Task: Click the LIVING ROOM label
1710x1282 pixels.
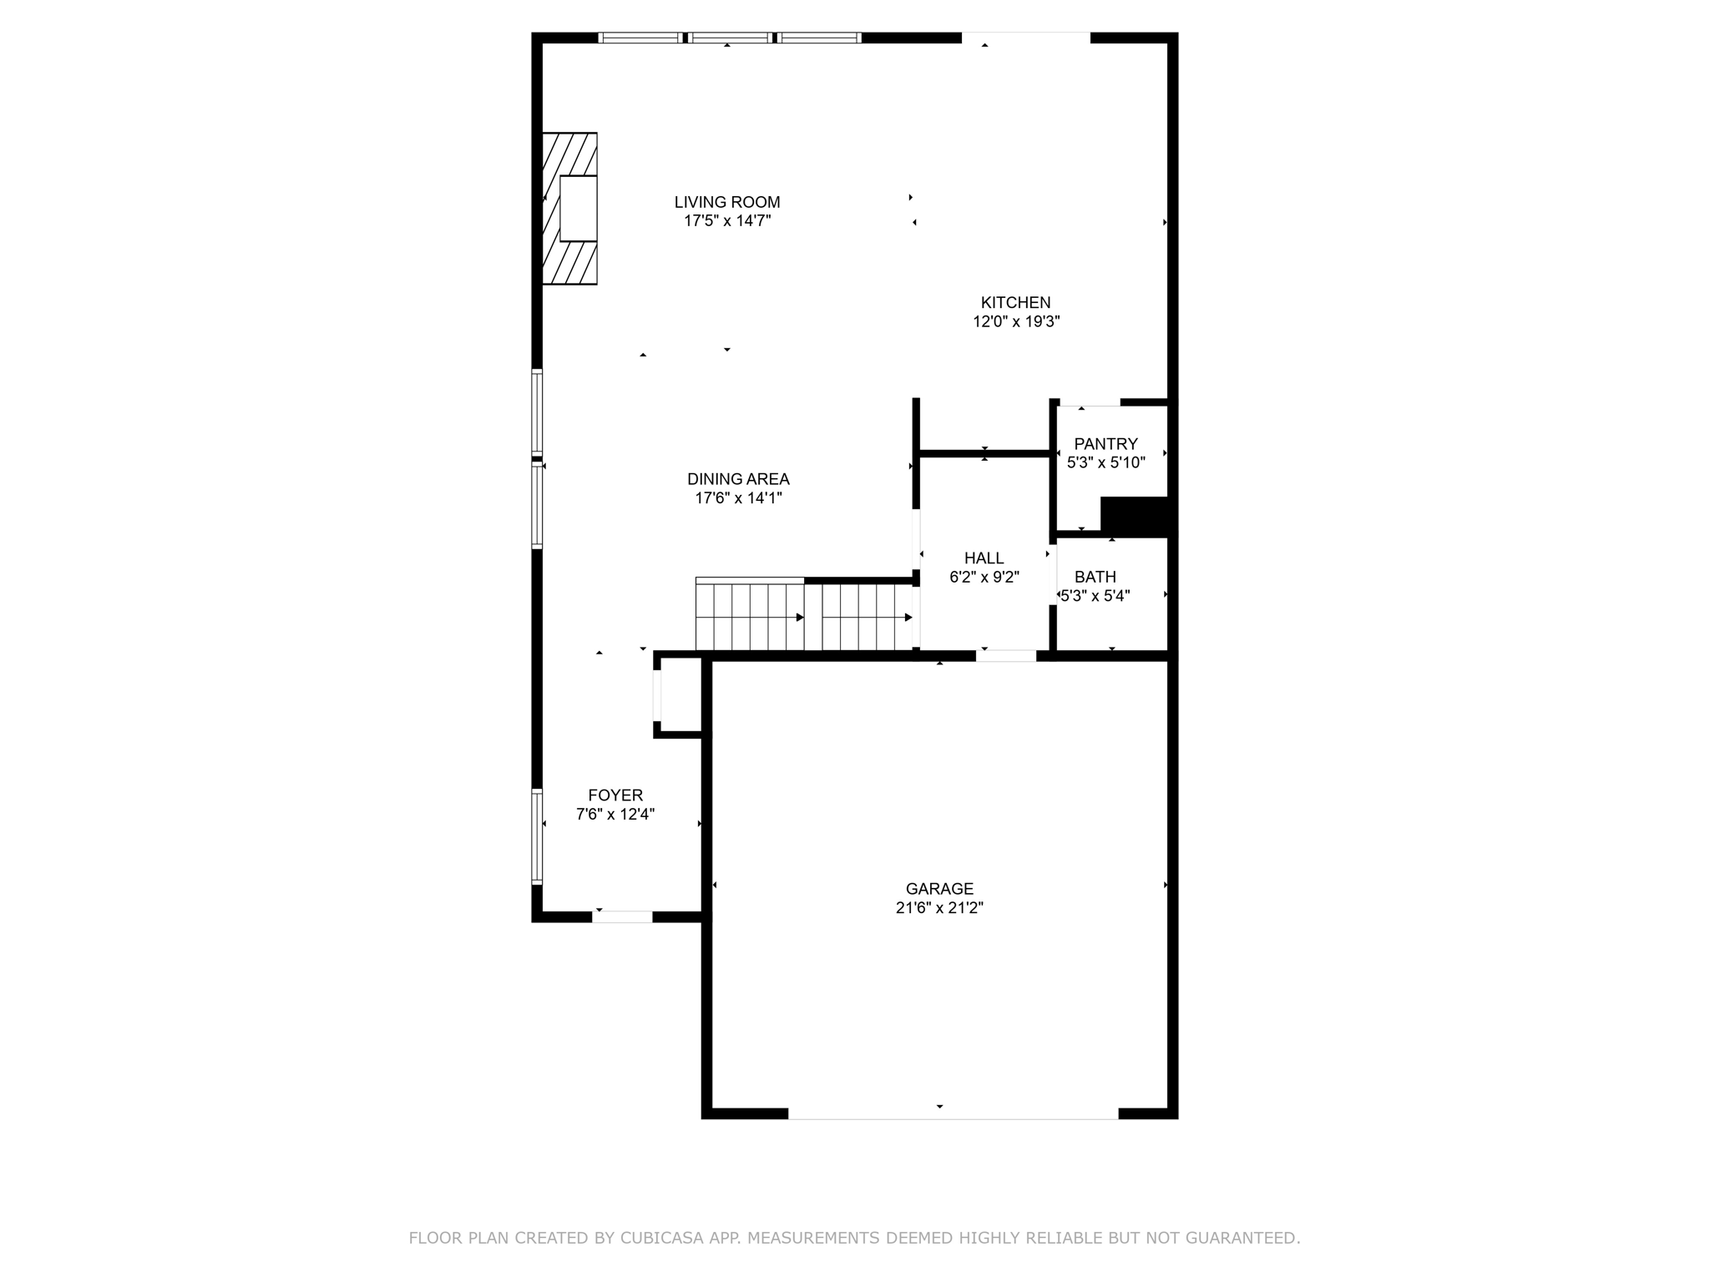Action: pos(726,202)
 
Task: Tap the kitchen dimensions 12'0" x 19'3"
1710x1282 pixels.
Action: pos(1015,322)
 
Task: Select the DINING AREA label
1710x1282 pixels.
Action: pos(738,479)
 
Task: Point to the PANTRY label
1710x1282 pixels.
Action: pos(1105,444)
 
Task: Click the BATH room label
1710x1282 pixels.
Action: pos(1095,577)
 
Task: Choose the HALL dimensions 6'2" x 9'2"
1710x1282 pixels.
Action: pos(984,577)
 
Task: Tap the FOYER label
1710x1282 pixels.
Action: pos(615,795)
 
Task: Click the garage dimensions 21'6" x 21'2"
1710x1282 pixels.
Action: pos(939,908)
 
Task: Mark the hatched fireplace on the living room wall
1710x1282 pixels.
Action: pos(569,209)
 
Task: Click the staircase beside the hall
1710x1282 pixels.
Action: pos(803,617)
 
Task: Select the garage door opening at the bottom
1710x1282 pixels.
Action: pos(953,1113)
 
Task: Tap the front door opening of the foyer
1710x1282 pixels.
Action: pos(622,916)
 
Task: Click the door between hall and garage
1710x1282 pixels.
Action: pos(1006,656)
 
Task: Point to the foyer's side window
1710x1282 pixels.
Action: pos(537,836)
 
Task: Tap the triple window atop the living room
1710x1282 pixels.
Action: pos(729,38)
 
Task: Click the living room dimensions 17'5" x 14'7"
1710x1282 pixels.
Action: pos(726,221)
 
